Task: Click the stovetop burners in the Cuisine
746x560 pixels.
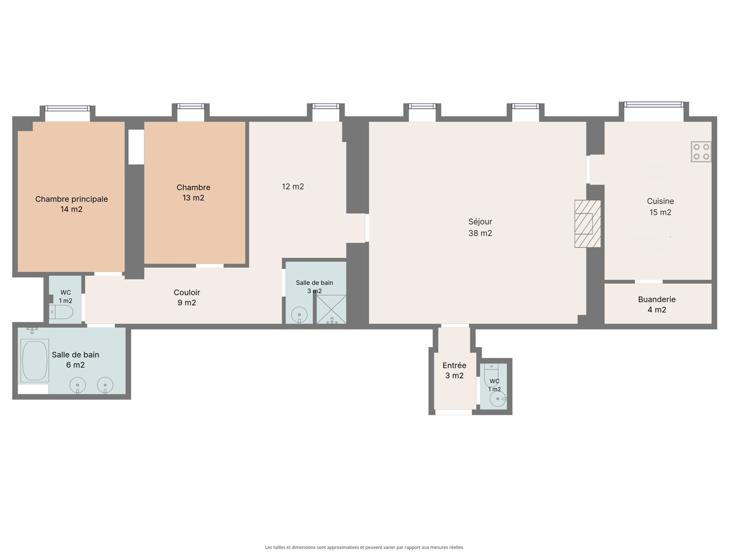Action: pyautogui.click(x=701, y=152)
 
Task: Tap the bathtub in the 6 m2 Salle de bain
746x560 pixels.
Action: pyautogui.click(x=35, y=360)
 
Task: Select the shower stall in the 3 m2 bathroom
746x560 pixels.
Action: pyautogui.click(x=332, y=309)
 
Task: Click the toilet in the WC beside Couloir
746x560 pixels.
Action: pyautogui.click(x=61, y=312)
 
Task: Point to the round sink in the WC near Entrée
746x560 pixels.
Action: pyautogui.click(x=498, y=399)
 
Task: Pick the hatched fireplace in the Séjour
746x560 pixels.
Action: pyautogui.click(x=587, y=224)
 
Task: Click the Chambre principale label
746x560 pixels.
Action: pyautogui.click(x=71, y=199)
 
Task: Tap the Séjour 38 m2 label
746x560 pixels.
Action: pyautogui.click(x=480, y=227)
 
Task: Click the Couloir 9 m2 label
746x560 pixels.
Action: pyautogui.click(x=186, y=297)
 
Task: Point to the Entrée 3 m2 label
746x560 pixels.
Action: pyautogui.click(x=455, y=370)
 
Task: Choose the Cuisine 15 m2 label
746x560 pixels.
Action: pyautogui.click(x=660, y=206)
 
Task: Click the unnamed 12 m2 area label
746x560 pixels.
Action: pyautogui.click(x=293, y=186)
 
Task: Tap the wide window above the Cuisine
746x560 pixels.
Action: pyautogui.click(x=654, y=105)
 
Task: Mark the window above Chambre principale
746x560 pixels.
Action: pyautogui.click(x=68, y=108)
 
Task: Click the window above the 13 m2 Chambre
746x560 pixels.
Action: pyautogui.click(x=191, y=106)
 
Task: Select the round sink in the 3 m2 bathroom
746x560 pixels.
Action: pyautogui.click(x=299, y=315)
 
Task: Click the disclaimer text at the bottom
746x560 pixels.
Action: pyautogui.click(x=364, y=547)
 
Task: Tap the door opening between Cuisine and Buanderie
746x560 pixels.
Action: pyautogui.click(x=649, y=281)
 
